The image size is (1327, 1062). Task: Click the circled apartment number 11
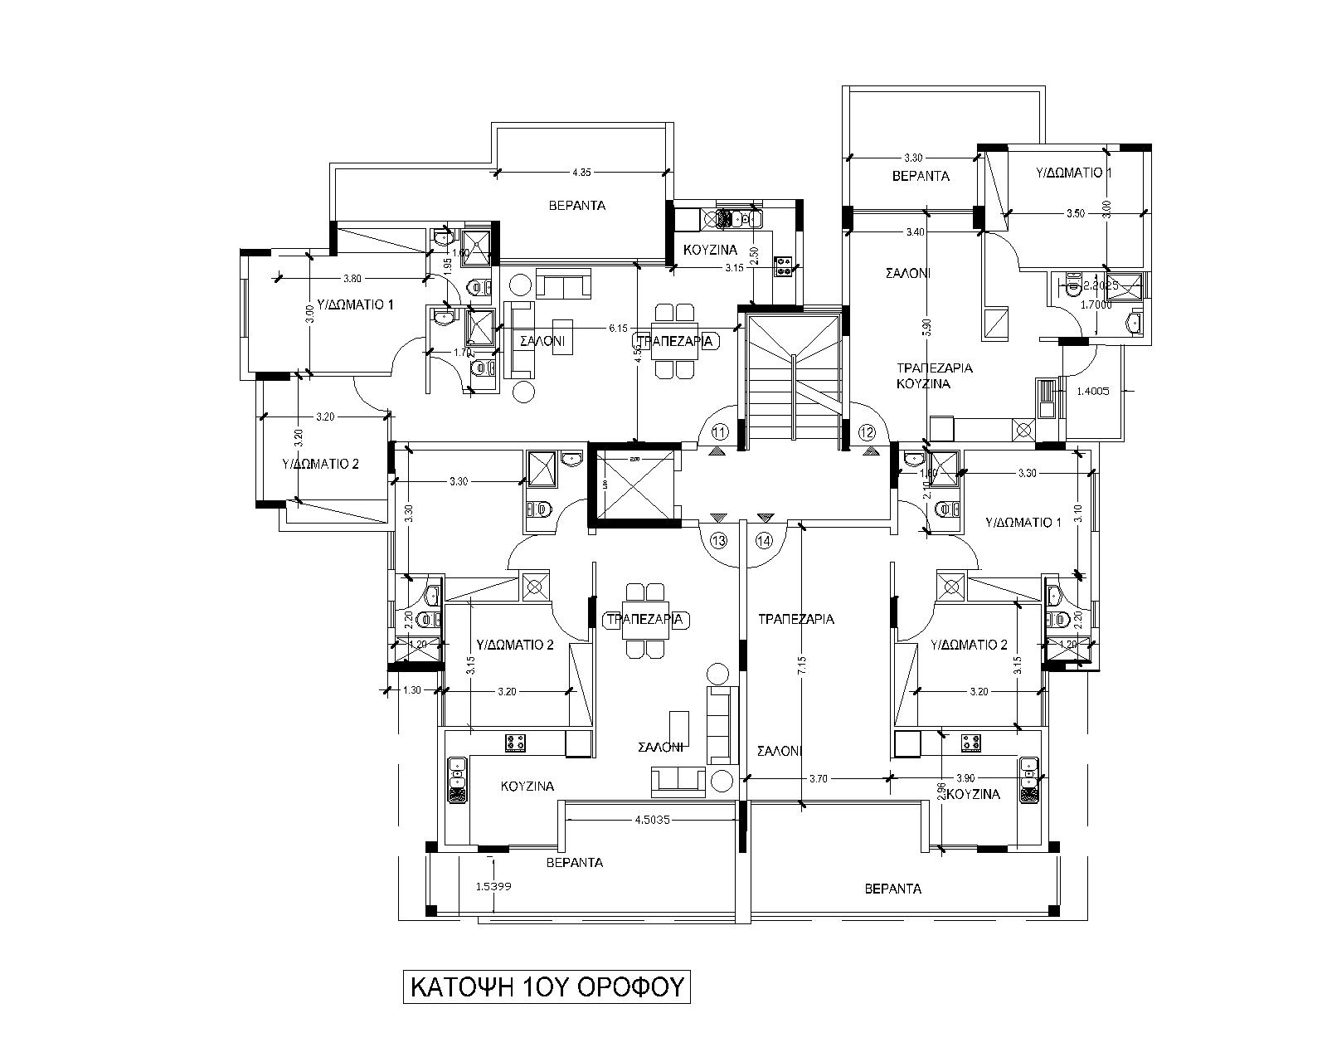coord(719,431)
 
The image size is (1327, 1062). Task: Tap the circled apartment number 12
coord(867,431)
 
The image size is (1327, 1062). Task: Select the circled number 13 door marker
coord(719,540)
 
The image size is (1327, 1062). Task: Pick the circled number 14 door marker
coord(764,540)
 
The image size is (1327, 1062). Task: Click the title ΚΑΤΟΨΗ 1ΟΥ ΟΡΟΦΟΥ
coord(547,987)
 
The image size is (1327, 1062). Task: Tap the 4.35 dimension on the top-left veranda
coord(581,173)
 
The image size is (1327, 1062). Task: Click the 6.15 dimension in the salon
coord(617,329)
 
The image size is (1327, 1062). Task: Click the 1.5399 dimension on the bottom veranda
coord(493,886)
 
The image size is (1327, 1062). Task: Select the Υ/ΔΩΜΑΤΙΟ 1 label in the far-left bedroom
coord(357,305)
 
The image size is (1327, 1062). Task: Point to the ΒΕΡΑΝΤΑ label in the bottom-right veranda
coord(892,889)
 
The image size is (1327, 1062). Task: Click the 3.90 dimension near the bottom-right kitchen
coord(965,778)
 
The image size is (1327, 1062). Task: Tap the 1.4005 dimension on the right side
coord(1093,391)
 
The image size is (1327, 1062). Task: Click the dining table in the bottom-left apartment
coord(644,621)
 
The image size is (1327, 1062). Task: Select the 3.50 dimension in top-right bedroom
coord(1075,213)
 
